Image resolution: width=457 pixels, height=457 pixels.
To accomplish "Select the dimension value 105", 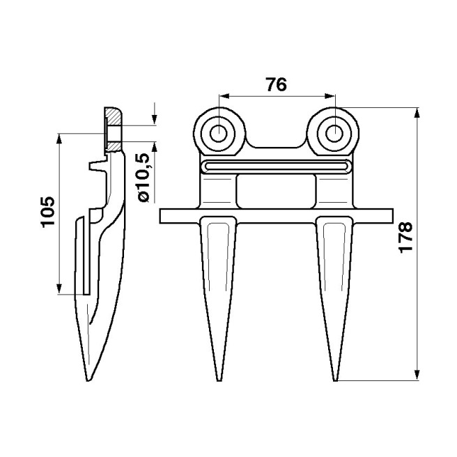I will tap(47, 212).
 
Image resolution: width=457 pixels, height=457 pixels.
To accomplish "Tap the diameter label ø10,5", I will tap(144, 178).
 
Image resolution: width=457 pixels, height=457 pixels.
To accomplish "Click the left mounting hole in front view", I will tap(219, 131).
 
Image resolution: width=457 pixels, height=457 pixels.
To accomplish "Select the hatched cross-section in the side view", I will tap(113, 130).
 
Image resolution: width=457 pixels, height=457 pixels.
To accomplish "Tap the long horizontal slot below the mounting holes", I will tap(277, 166).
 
